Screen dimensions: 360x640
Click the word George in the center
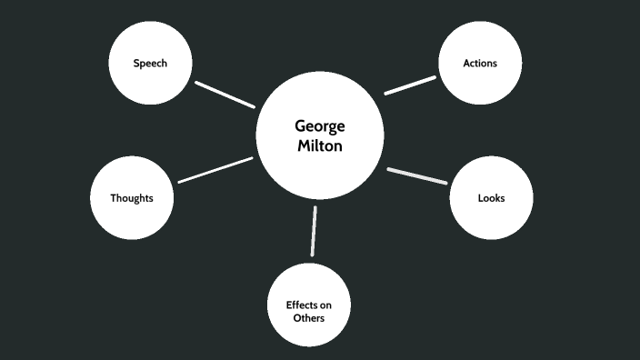click(x=319, y=126)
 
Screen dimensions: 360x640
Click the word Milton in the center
click(x=319, y=145)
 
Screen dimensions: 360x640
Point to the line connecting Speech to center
click(x=225, y=95)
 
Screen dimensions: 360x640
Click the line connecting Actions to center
click(x=410, y=85)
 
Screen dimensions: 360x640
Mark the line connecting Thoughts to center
click(x=215, y=170)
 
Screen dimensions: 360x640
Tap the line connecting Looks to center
click(x=417, y=176)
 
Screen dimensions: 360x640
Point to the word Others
click(x=309, y=318)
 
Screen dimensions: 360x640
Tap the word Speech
click(x=150, y=63)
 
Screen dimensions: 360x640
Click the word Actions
click(x=479, y=63)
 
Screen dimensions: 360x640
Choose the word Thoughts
click(x=132, y=197)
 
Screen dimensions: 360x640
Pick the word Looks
click(x=491, y=197)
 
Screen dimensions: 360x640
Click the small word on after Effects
click(x=325, y=305)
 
